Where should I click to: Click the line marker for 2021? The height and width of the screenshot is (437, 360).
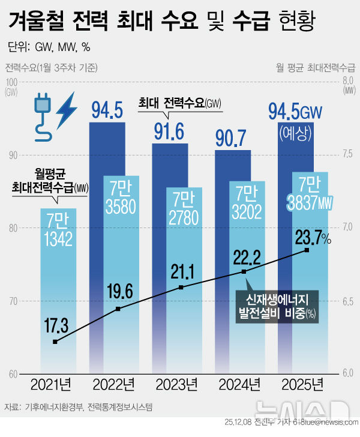55,342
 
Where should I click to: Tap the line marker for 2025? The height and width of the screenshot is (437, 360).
307,250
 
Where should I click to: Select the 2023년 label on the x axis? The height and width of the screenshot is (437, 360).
178,384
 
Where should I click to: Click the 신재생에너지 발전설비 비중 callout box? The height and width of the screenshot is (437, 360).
277,304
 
